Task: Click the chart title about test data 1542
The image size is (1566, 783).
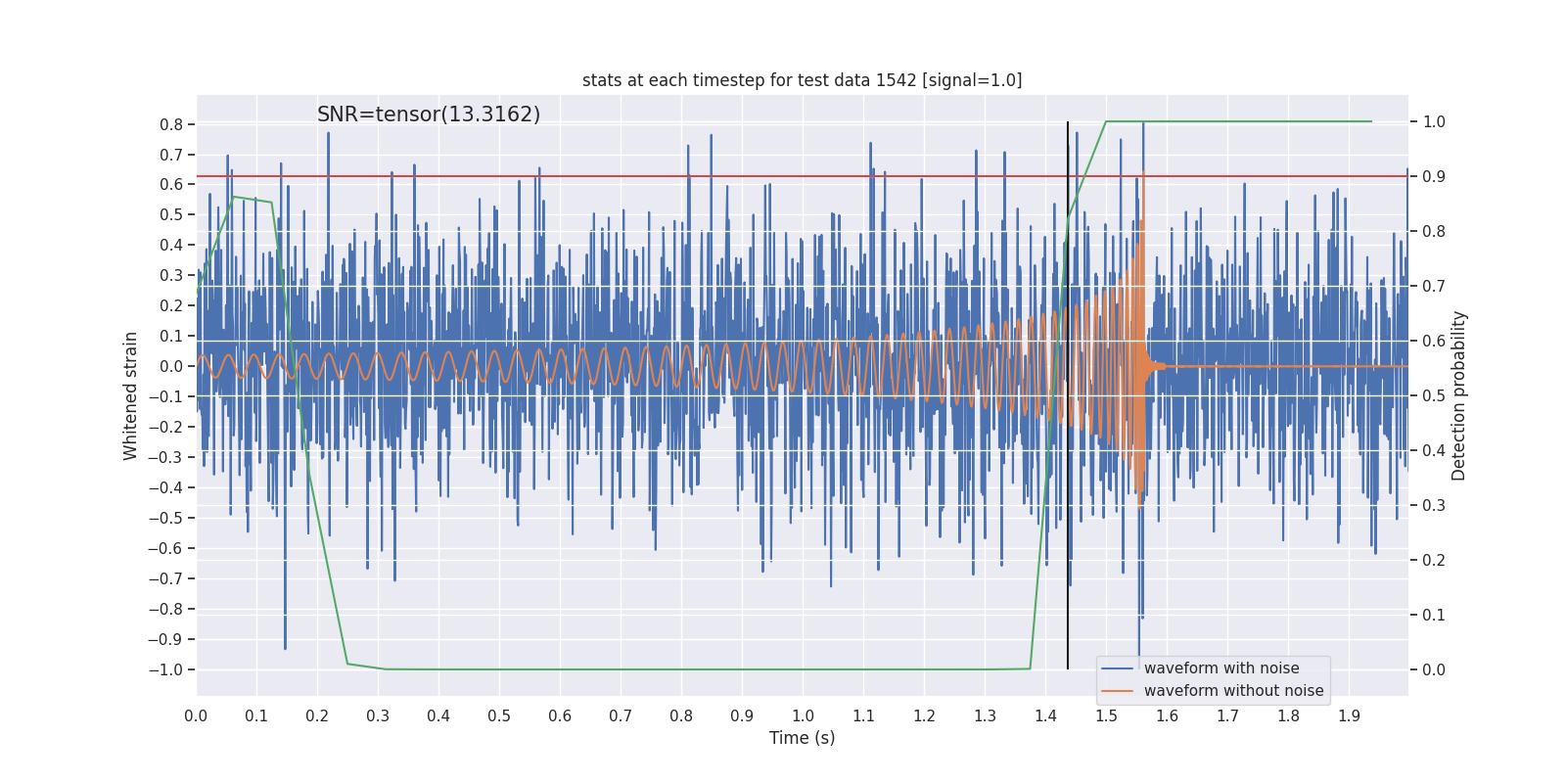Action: pyautogui.click(x=802, y=80)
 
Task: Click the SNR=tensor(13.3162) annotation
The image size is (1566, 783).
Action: pyautogui.click(x=429, y=115)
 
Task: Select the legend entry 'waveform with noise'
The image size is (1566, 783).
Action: pyautogui.click(x=1221, y=668)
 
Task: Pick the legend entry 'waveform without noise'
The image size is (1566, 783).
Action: pyautogui.click(x=1233, y=691)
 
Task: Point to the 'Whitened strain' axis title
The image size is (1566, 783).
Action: pyautogui.click(x=131, y=395)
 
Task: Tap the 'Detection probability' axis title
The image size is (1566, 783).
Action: pyautogui.click(x=1459, y=395)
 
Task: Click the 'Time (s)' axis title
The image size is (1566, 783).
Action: pyautogui.click(x=802, y=738)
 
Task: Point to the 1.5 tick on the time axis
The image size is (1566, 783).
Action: pyautogui.click(x=1106, y=715)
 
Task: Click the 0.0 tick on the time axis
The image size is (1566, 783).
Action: pyautogui.click(x=196, y=715)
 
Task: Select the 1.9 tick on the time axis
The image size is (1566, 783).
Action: pyautogui.click(x=1349, y=715)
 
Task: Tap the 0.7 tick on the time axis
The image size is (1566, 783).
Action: pyautogui.click(x=621, y=715)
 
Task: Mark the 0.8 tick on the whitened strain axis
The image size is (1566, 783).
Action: pyautogui.click(x=171, y=124)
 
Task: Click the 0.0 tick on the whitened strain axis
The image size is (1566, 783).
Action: pyautogui.click(x=171, y=366)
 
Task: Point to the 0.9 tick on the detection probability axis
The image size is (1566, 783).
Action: pyautogui.click(x=1434, y=177)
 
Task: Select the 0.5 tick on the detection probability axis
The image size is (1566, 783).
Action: pyautogui.click(x=1434, y=396)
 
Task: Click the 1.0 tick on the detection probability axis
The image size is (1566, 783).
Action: pyautogui.click(x=1434, y=122)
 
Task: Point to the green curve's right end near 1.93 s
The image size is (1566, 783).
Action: pyautogui.click(x=1370, y=121)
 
